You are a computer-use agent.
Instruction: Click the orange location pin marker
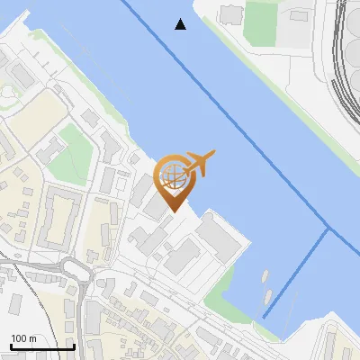pos(173,180)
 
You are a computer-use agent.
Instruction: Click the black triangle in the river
pos(181,24)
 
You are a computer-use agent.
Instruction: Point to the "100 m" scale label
pos(24,338)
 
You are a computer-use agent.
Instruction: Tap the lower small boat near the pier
pos(268,294)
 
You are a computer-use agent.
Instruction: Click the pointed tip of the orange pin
pos(173,211)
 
